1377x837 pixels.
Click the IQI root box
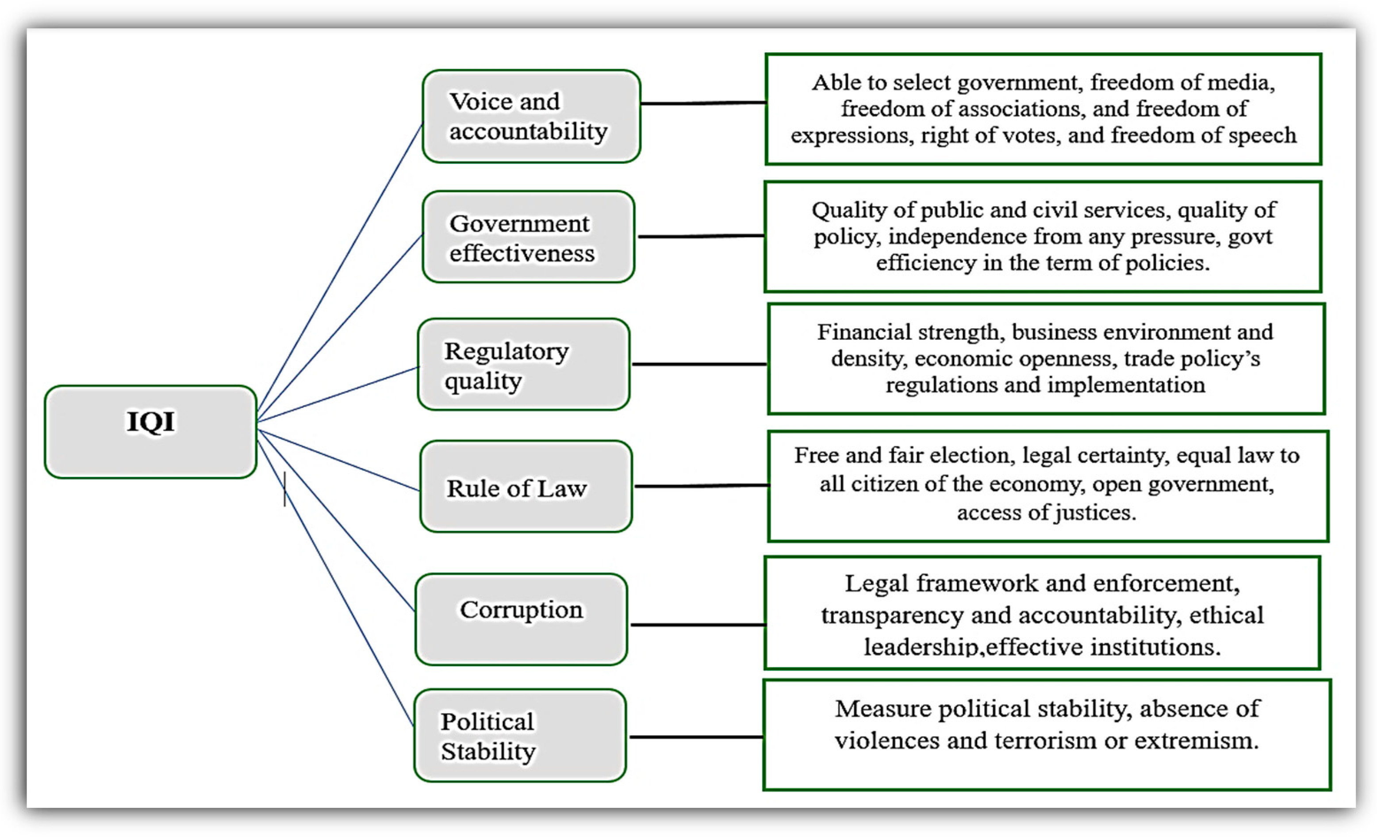150,431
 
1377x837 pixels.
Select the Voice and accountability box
531,116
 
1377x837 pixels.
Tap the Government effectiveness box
528,237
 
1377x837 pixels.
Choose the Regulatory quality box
524,364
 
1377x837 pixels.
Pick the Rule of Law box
526,486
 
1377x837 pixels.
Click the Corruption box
521,619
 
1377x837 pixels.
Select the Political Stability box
520,735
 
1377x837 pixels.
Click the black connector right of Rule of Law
702,486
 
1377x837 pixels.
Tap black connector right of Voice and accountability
703,103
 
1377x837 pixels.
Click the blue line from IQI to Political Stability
335,584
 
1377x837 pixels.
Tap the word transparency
892,615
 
